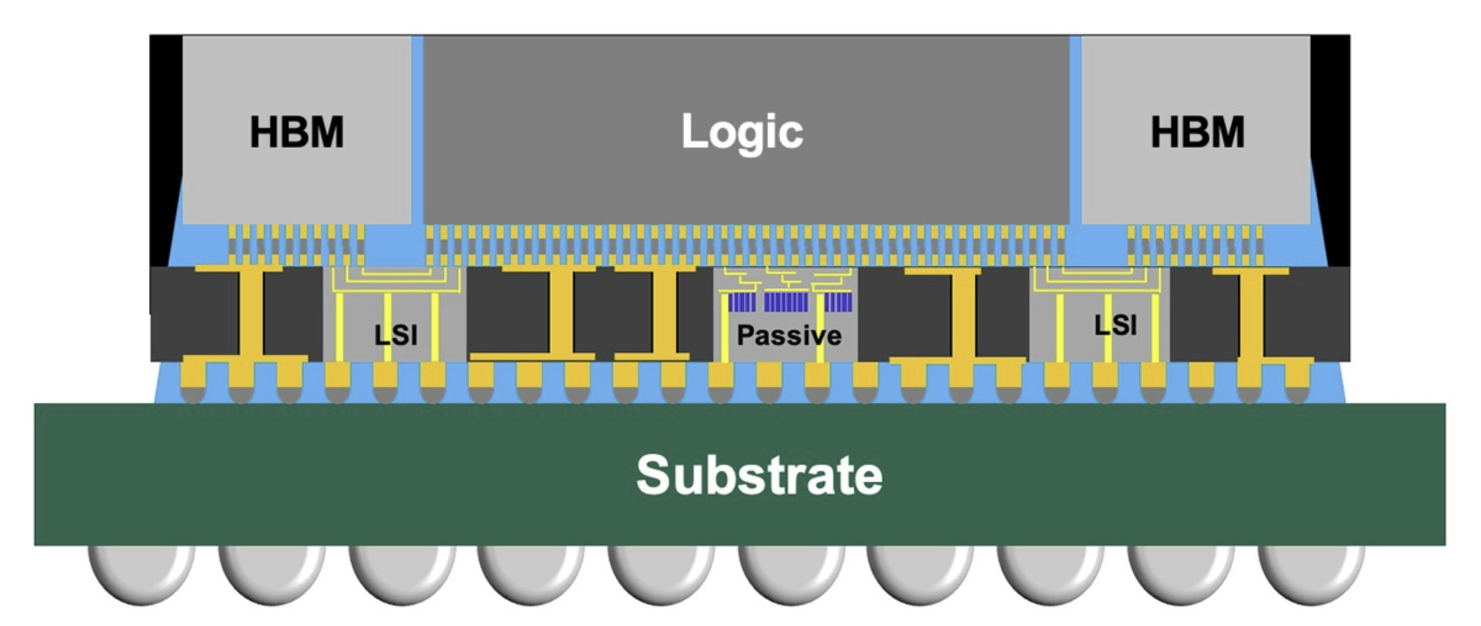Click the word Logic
(742, 131)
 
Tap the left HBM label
(297, 132)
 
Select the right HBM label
(1198, 132)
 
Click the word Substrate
(760, 475)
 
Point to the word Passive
(789, 335)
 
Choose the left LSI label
(396, 335)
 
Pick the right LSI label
(1116, 325)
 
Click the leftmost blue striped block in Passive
(742, 303)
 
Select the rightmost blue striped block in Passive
(839, 303)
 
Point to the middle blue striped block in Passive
(786, 303)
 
